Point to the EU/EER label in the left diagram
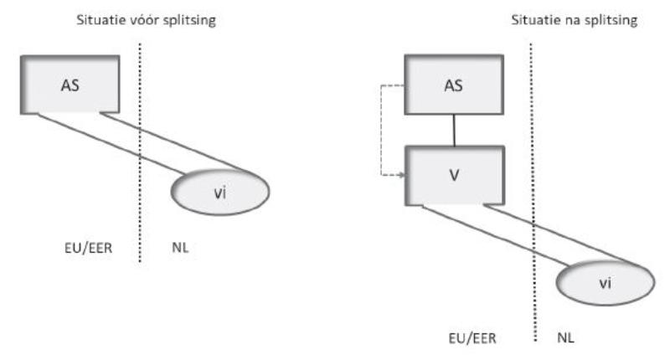pyautogui.click(x=92, y=249)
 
